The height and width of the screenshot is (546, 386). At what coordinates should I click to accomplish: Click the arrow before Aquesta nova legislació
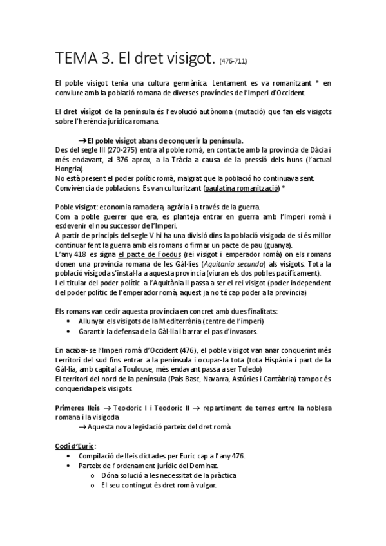[x=82, y=427]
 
